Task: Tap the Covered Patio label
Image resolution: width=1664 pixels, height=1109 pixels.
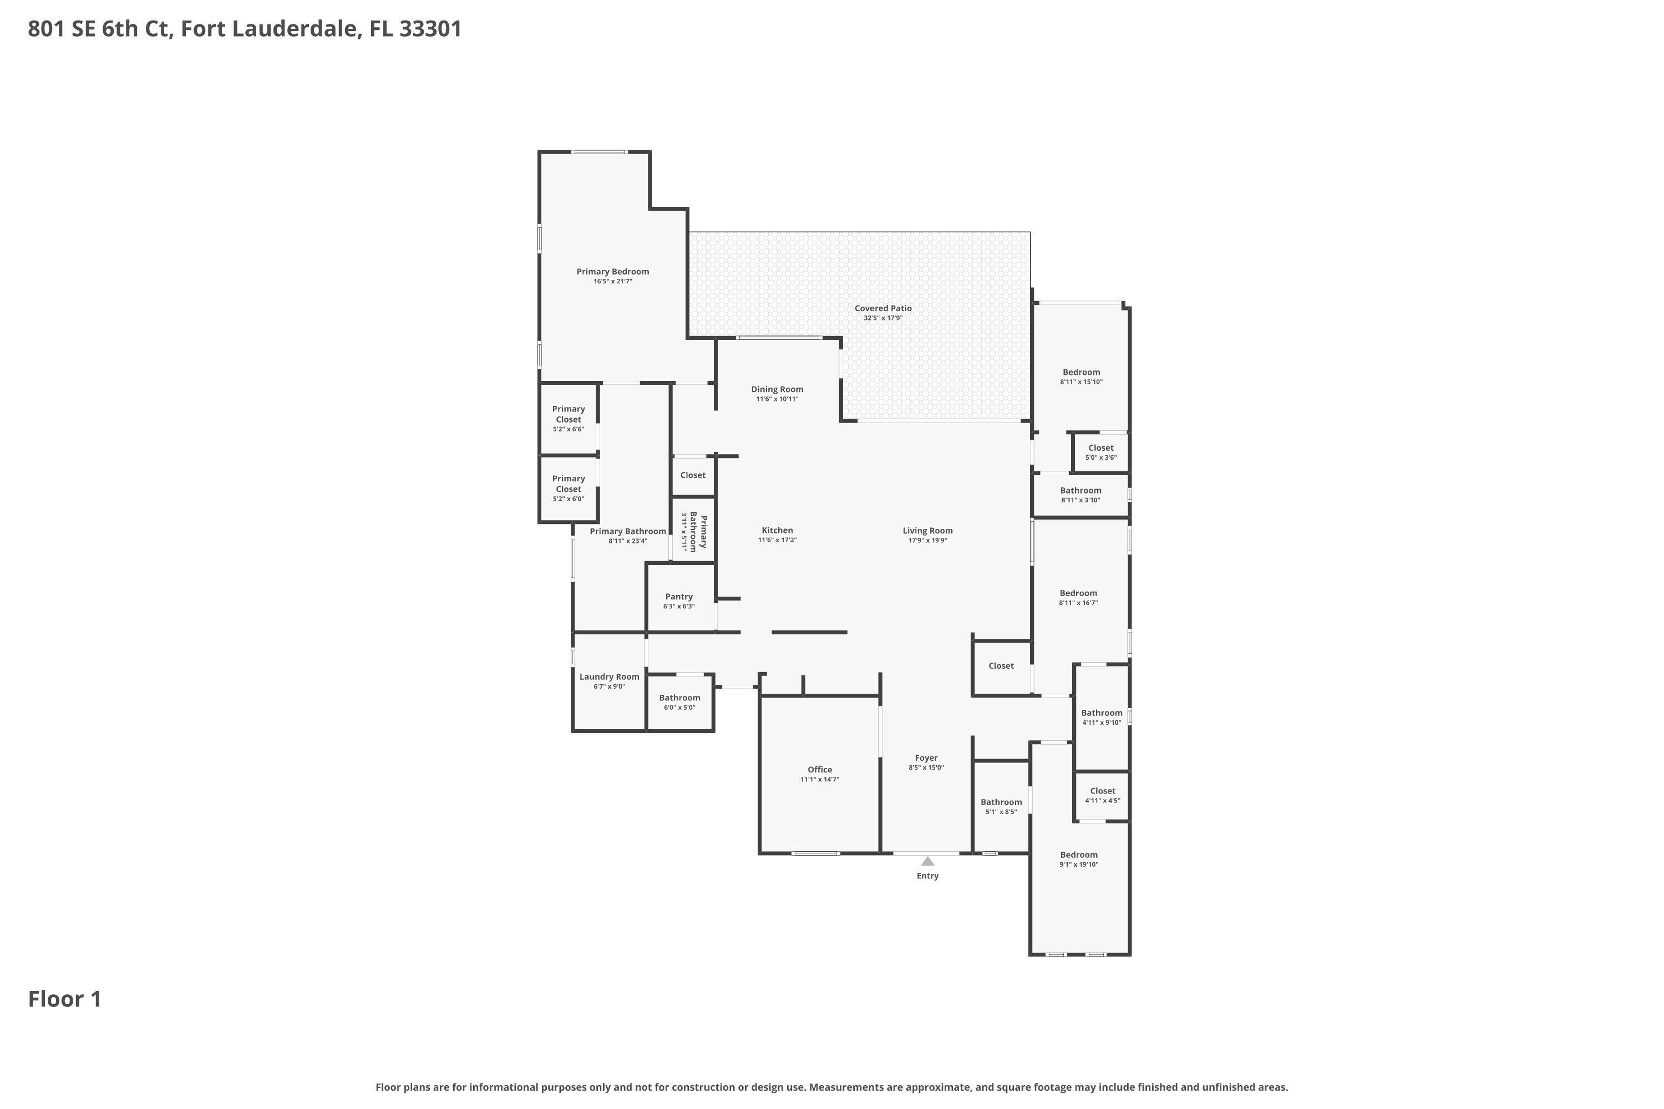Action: click(x=883, y=308)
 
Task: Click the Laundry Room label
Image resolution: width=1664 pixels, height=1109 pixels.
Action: click(x=609, y=677)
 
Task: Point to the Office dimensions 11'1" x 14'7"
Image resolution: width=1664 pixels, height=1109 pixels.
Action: click(x=819, y=780)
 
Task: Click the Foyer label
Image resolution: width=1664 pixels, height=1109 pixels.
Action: click(x=926, y=758)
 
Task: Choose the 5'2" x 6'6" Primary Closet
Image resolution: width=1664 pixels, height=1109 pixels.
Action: click(x=568, y=418)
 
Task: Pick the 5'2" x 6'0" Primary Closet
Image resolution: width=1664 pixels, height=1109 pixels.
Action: click(x=568, y=488)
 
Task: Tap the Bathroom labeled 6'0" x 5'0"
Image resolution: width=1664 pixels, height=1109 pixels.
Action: click(x=679, y=701)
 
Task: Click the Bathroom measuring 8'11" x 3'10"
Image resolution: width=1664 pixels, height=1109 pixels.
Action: click(x=1080, y=495)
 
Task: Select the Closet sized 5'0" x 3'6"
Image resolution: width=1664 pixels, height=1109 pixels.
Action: click(x=1101, y=452)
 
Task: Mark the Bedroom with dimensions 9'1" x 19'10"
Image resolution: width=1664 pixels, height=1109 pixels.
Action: click(x=1078, y=858)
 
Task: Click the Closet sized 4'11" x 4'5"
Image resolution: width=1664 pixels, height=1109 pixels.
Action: click(x=1102, y=795)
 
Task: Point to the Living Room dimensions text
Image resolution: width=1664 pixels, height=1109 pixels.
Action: click(x=927, y=540)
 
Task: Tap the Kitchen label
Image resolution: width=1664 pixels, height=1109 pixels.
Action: click(x=777, y=531)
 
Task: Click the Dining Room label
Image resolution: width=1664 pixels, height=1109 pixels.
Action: click(x=777, y=389)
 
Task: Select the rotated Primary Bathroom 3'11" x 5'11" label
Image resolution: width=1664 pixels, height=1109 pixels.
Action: click(x=693, y=531)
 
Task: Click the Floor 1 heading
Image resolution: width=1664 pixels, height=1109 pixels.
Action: click(x=65, y=999)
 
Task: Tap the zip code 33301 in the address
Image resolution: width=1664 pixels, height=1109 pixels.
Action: click(x=430, y=29)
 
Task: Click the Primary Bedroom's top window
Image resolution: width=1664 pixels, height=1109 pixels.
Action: click(x=599, y=151)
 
